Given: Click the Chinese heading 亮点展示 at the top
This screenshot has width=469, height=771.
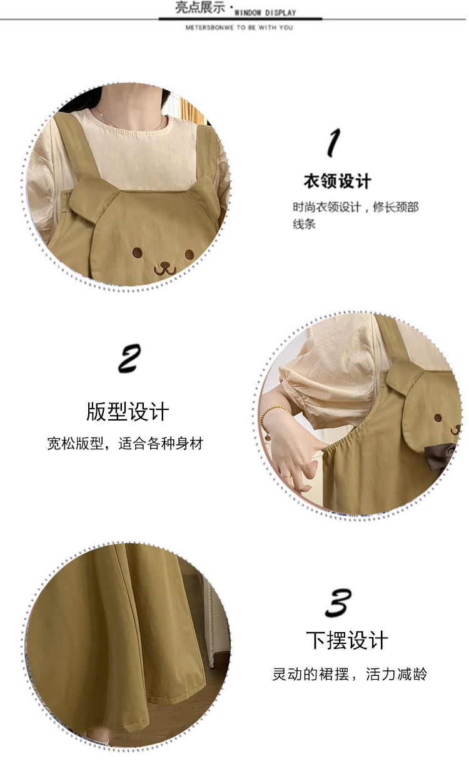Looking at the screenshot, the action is (200, 8).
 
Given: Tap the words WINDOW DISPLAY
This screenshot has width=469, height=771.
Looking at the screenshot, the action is (265, 13).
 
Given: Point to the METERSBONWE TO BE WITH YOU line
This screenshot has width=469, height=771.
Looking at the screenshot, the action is (240, 28).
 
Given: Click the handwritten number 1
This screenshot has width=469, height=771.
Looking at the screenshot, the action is (333, 143).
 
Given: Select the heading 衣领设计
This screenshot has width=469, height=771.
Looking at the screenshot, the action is (337, 181).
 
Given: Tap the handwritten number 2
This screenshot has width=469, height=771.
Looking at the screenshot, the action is (129, 359).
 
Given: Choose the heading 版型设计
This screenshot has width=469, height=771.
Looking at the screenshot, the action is (128, 411).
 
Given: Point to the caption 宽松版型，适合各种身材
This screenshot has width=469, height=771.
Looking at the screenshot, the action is (125, 443).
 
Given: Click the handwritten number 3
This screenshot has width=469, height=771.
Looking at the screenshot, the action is (338, 602).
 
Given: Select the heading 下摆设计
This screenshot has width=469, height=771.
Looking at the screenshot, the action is (347, 640).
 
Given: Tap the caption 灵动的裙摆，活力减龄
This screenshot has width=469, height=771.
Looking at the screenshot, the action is (350, 674).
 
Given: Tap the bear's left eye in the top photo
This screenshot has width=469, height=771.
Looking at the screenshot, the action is (138, 252).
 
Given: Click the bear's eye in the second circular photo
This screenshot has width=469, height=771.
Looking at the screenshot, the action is (438, 418).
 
